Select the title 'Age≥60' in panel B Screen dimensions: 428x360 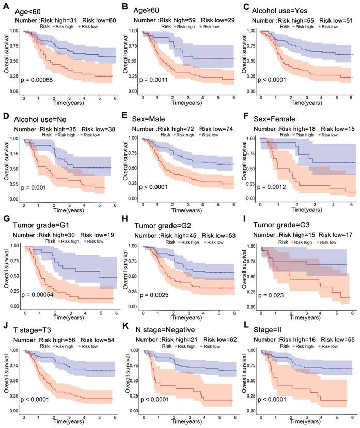pyautogui.click(x=148, y=10)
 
